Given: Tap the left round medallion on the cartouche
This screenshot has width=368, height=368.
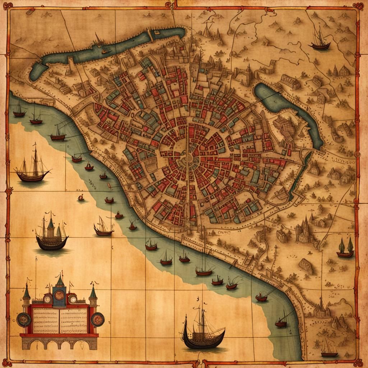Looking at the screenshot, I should coord(24,319).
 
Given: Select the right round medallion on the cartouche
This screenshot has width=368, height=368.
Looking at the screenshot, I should coord(97,319).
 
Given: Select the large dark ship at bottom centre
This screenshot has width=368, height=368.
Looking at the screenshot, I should coord(203,332).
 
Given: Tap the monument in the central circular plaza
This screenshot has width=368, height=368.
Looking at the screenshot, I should coord(187,158).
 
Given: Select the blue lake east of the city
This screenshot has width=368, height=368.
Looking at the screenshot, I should coord(287,108).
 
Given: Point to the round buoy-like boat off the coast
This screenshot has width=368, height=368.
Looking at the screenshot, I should coord(80,197).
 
